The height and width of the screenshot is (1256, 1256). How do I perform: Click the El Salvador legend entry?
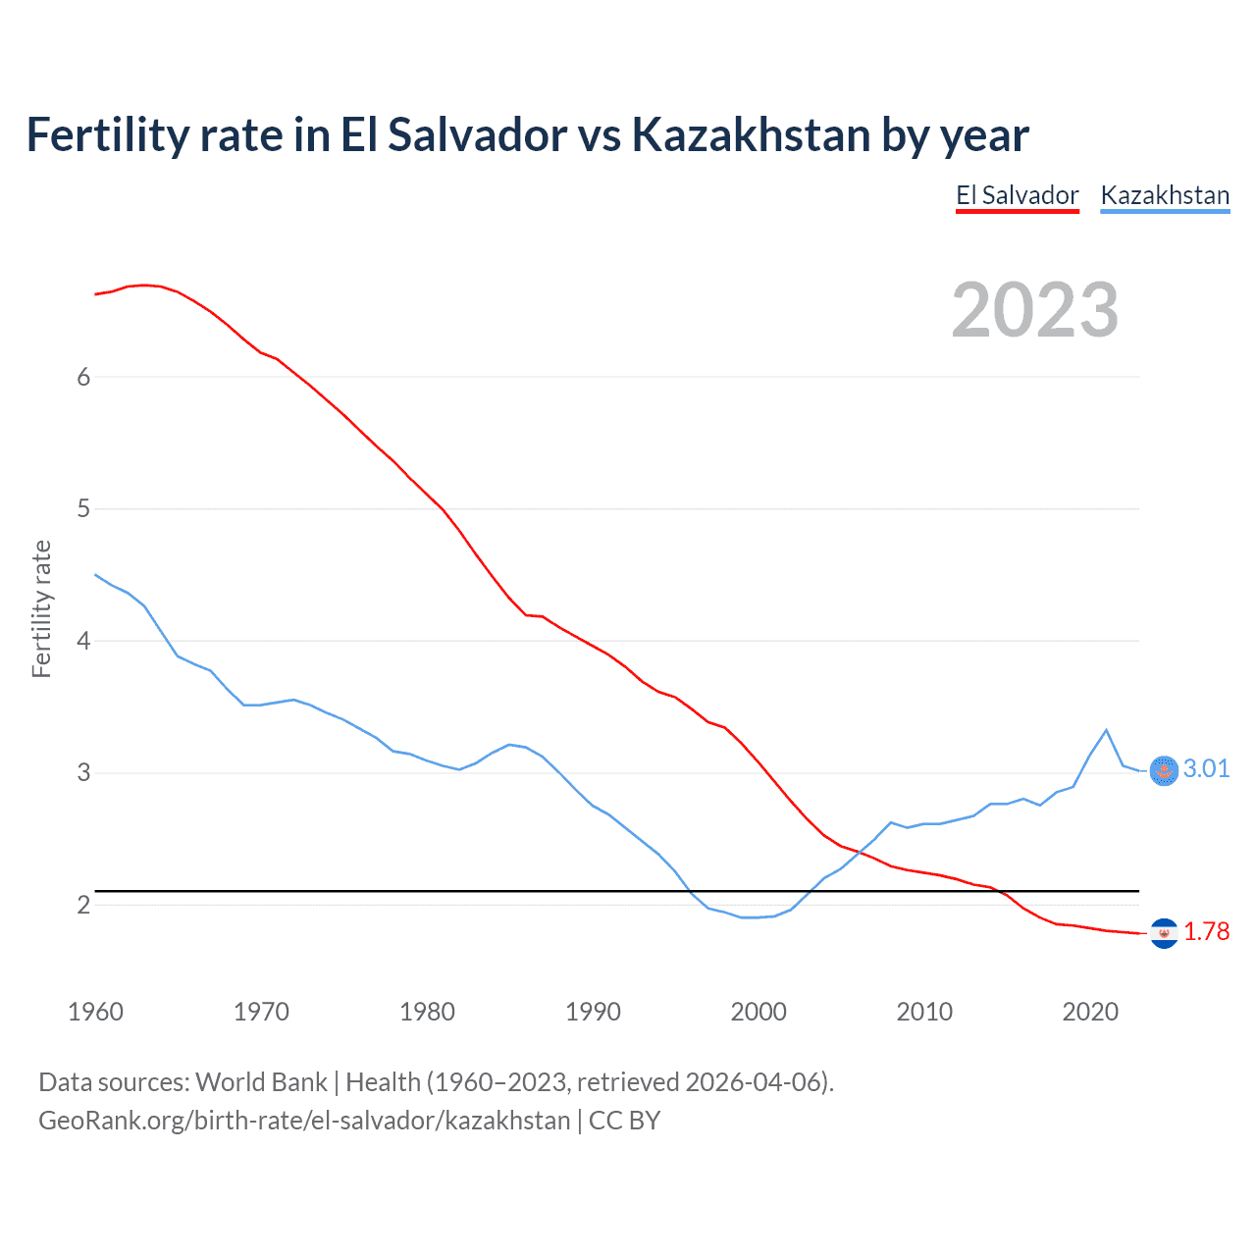coord(1018,195)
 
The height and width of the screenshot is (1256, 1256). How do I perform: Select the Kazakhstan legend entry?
coord(1165,195)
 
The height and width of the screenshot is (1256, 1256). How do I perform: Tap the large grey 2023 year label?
coord(1034,310)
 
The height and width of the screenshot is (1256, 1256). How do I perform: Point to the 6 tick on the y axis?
coord(83,378)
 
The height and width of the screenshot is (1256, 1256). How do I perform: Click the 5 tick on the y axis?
coord(83,509)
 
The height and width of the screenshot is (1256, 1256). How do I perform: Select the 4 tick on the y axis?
coord(83,642)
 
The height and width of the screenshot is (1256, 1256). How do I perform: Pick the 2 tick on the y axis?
coord(83,905)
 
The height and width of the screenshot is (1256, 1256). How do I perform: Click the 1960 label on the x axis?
coord(95,1012)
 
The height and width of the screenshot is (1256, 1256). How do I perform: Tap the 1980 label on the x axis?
coord(427,1012)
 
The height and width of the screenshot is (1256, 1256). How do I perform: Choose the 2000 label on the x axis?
coord(759,1012)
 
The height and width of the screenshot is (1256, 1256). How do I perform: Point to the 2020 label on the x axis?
coord(1090,1012)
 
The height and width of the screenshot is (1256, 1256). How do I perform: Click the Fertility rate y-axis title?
coord(41,608)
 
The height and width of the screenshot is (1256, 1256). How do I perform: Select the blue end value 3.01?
coord(1206,768)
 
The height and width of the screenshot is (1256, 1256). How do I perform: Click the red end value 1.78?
coord(1206,931)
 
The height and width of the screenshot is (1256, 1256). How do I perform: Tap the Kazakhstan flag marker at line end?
coord(1164,771)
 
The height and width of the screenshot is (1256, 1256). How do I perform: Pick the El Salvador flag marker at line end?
coord(1164,933)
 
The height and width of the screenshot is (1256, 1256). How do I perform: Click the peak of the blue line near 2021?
coord(1107,730)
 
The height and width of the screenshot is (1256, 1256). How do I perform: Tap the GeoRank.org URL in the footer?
coord(304,1121)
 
